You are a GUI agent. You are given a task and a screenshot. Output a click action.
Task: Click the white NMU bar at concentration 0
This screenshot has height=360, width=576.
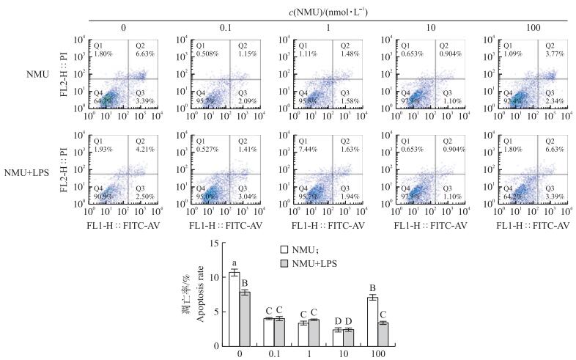[235, 308]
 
